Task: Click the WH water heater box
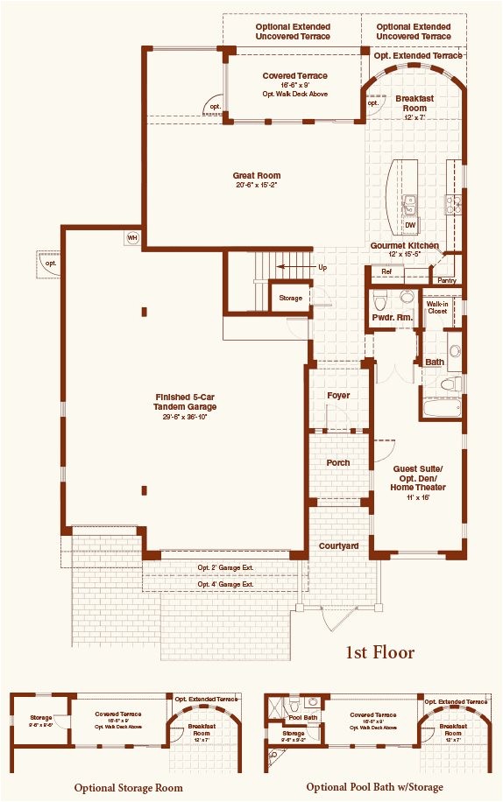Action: (132, 237)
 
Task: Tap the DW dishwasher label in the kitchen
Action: (410, 225)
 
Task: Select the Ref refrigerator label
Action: (386, 272)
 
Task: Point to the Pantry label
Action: (446, 280)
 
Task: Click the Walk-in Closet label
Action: (437, 306)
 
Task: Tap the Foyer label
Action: (338, 396)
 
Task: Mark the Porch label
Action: (338, 462)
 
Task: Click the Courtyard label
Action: (338, 545)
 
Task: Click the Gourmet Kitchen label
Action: (404, 246)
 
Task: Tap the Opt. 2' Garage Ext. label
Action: (225, 568)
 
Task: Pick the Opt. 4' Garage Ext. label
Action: (225, 584)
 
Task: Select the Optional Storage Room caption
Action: (128, 787)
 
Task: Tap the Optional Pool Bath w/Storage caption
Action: (374, 787)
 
